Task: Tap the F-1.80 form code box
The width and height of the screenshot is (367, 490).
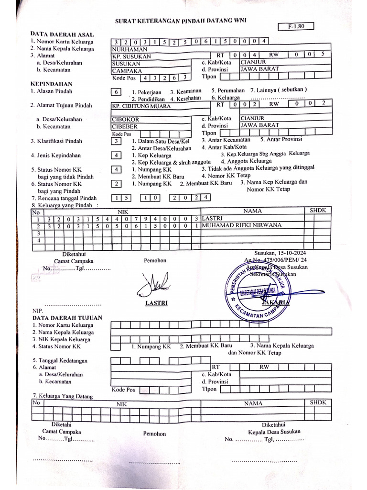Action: [295, 27]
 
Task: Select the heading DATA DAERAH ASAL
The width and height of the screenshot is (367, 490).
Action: [62, 34]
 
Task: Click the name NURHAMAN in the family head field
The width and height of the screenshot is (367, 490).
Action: [130, 49]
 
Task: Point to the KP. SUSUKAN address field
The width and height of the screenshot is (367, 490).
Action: [131, 56]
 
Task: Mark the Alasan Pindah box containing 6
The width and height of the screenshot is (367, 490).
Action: [116, 91]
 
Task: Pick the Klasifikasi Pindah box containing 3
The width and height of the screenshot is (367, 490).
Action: [116, 141]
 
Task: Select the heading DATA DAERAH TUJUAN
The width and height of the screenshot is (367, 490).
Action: [67, 317]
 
